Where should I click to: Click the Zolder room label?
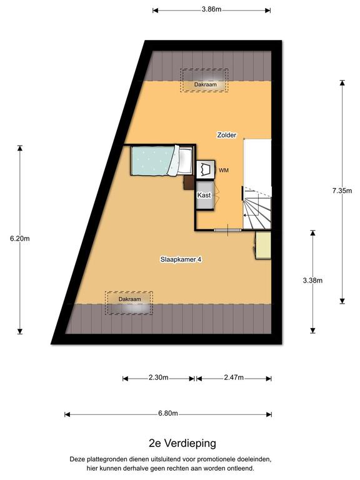(x=226, y=135)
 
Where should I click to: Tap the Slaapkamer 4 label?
(x=181, y=259)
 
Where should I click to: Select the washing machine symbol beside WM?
(x=206, y=169)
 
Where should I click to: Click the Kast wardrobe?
(x=204, y=195)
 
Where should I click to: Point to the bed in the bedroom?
(x=162, y=161)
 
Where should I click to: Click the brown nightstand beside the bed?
(x=189, y=182)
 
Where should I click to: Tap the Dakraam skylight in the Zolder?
(x=204, y=80)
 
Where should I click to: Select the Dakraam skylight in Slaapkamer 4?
(x=129, y=302)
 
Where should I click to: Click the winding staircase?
(x=257, y=207)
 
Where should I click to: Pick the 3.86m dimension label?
(x=211, y=9)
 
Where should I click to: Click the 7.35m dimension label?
(x=342, y=191)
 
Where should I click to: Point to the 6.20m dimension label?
(x=20, y=239)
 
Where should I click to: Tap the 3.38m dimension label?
(x=312, y=281)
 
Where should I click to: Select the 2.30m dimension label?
(x=159, y=377)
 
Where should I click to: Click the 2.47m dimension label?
(x=234, y=377)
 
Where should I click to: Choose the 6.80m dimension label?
(x=168, y=413)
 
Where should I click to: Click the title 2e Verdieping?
(x=182, y=443)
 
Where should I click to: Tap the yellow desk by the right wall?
(x=263, y=245)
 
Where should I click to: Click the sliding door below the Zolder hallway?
(x=228, y=230)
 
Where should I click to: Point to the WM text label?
(x=224, y=171)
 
